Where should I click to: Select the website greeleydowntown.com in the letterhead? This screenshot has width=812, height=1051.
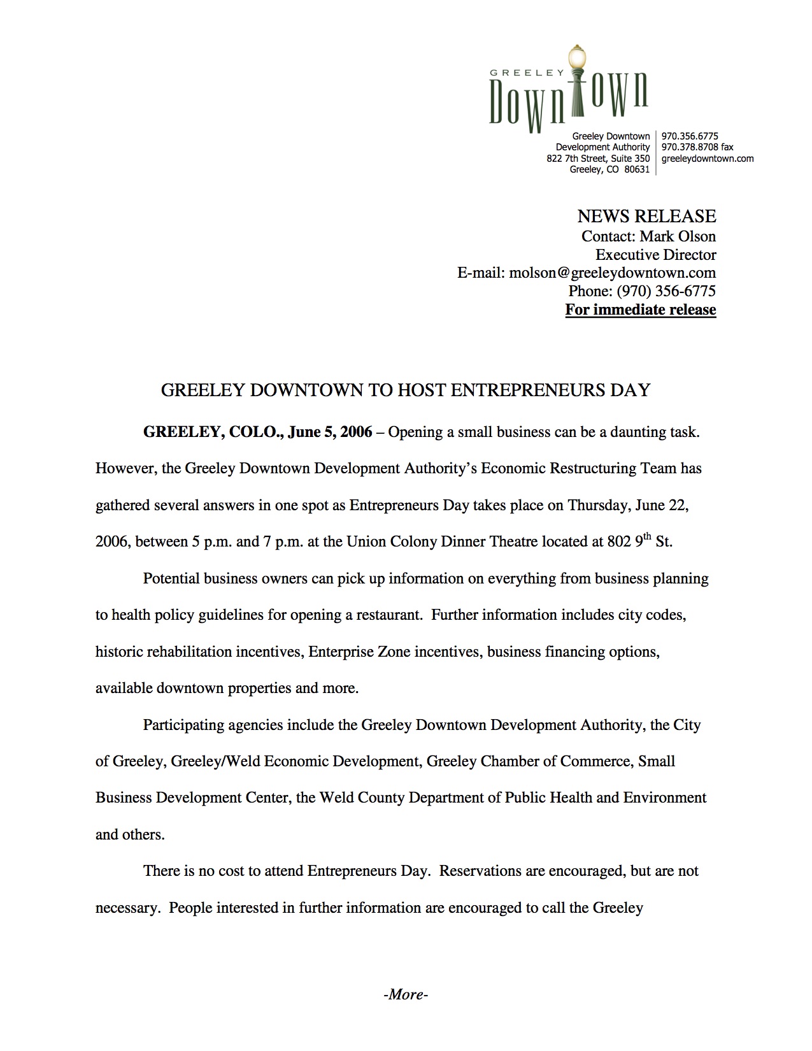pos(708,159)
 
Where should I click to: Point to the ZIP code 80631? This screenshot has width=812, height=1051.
pos(637,169)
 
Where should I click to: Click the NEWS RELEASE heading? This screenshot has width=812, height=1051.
pos(646,217)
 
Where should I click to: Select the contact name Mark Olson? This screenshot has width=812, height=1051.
pos(678,236)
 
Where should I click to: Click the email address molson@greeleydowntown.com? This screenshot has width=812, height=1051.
pos(612,273)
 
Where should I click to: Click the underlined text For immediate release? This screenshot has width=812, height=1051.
pos(641,310)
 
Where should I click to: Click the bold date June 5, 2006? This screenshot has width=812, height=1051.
pos(330,433)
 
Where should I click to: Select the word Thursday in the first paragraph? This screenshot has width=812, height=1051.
pos(598,506)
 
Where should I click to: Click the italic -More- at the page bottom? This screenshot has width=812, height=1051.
pos(406,994)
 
